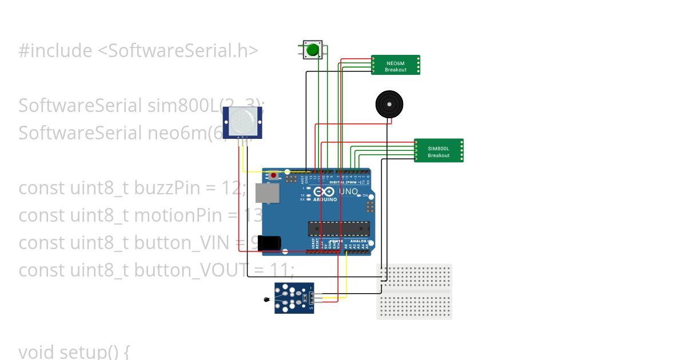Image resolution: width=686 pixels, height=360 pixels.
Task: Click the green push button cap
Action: coord(312,51)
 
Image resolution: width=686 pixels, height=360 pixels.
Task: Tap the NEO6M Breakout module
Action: coord(396,65)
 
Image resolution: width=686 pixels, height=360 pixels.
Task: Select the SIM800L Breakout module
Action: coord(438,151)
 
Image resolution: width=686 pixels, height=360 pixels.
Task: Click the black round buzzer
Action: coord(389,105)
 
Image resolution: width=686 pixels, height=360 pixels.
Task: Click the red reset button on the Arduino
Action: coord(274,175)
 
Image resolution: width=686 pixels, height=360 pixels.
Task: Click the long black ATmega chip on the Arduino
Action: coord(335,229)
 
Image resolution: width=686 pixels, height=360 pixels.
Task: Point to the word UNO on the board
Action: coord(349,191)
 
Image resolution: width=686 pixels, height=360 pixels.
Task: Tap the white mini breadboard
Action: coord(414,291)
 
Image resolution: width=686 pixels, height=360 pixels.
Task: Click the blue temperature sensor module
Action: coord(294,298)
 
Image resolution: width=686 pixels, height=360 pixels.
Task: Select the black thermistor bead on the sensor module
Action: coord(266,299)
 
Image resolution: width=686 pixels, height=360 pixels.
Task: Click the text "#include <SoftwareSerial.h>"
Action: coord(138,51)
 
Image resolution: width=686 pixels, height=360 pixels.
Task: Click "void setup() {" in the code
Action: coord(74,351)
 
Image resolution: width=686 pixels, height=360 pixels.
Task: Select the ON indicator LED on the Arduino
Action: coord(358,196)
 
